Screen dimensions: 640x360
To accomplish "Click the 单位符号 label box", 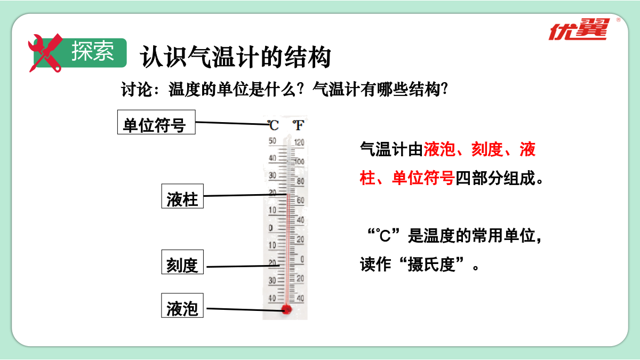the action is click(x=156, y=122).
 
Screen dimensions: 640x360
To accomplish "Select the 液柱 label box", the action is click(x=182, y=196).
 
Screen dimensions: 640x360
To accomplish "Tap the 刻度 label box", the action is click(x=182, y=262).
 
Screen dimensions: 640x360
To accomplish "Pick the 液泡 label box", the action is click(x=182, y=306).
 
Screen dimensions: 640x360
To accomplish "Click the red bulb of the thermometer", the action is click(x=286, y=309).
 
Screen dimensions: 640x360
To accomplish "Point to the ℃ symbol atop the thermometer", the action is click(x=273, y=125).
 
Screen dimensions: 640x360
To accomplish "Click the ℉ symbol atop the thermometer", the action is click(x=298, y=125).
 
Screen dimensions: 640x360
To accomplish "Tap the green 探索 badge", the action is click(x=80, y=53).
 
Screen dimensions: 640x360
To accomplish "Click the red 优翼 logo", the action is click(x=579, y=30).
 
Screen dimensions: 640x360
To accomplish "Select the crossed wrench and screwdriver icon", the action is click(x=45, y=53).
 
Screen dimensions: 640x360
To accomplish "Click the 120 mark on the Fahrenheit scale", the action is click(x=299, y=142).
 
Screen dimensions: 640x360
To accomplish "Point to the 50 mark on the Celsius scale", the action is click(x=273, y=141).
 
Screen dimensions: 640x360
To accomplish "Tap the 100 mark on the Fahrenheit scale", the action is click(x=299, y=162).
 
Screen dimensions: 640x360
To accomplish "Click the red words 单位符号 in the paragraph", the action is click(x=423, y=178).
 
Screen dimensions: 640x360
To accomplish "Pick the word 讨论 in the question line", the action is click(x=136, y=90).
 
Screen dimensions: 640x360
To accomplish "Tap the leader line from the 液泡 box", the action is click(x=246, y=309).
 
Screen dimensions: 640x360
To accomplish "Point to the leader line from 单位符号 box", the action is click(x=233, y=123).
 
